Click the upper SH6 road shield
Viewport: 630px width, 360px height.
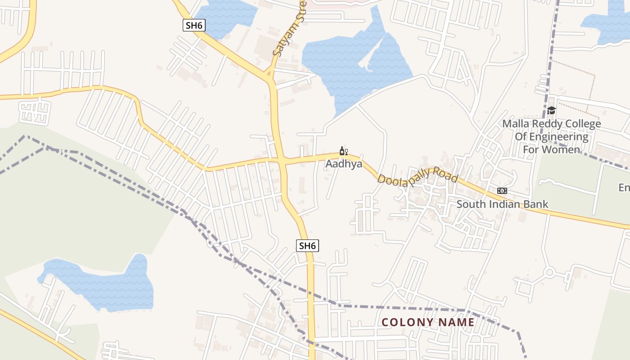pyautogui.click(x=194, y=25)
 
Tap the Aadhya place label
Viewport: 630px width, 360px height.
pyautogui.click(x=344, y=164)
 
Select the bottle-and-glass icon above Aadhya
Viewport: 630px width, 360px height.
pyautogui.click(x=344, y=151)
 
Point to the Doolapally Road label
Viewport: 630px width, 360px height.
pyautogui.click(x=417, y=176)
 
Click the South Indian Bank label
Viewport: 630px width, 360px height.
pyautogui.click(x=502, y=204)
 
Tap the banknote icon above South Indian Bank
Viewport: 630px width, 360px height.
pyautogui.click(x=502, y=191)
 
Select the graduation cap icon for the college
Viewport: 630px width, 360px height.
pyautogui.click(x=551, y=111)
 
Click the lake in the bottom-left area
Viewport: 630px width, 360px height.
pyautogui.click(x=103, y=283)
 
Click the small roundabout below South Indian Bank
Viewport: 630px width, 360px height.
pyautogui.click(x=549, y=272)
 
